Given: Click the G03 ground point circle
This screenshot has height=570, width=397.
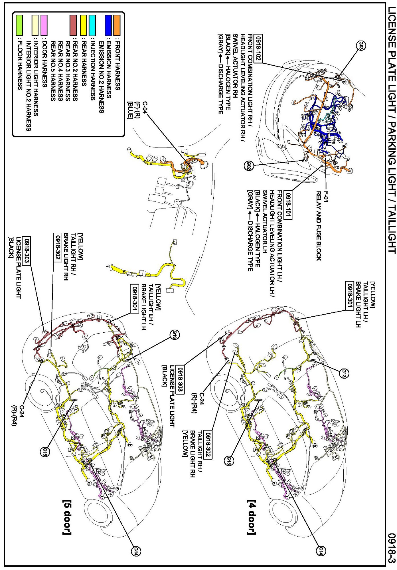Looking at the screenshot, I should [361, 45].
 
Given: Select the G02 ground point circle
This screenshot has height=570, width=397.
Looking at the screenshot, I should [249, 166].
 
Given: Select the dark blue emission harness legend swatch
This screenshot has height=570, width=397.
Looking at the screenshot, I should [108, 25].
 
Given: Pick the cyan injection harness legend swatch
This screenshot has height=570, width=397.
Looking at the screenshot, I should [92, 25].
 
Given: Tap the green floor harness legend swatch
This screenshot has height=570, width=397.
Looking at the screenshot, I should [19, 25].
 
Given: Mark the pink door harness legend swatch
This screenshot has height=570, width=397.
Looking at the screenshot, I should [44, 25].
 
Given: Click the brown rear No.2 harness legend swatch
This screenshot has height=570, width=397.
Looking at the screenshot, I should [73, 25].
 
